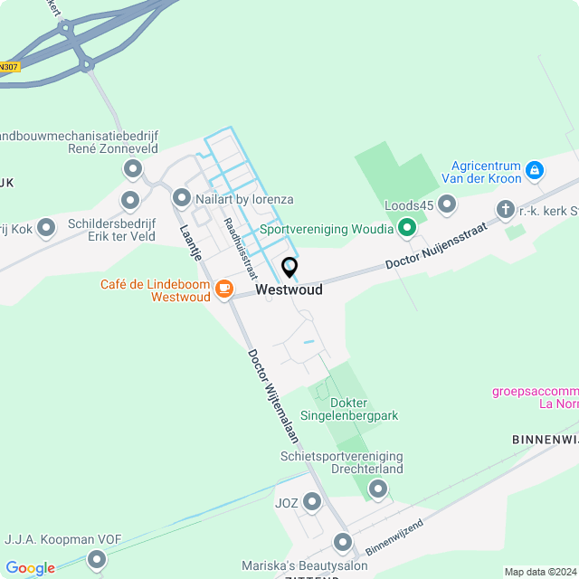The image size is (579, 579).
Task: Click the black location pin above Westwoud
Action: coord(289,268)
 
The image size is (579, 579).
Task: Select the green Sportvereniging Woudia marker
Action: coord(406,229)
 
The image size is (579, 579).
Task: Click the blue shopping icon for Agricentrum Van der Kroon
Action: coord(535,169)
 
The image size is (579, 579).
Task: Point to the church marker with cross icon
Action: coord(505,210)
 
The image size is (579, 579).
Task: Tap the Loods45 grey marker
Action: coord(446,204)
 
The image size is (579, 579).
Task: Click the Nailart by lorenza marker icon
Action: coord(182,197)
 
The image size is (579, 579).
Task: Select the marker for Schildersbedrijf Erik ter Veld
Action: coord(130,200)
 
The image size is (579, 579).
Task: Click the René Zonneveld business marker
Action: coord(133,168)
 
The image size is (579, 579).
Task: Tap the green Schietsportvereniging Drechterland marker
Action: coord(378,489)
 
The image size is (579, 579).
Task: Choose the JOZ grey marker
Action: coord(312,501)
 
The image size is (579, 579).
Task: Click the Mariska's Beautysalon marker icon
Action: coord(342,543)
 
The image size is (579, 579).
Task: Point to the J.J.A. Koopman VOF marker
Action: coord(97,562)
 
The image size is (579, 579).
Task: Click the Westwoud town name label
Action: coord(289,290)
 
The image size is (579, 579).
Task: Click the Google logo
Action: coord(30,568)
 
